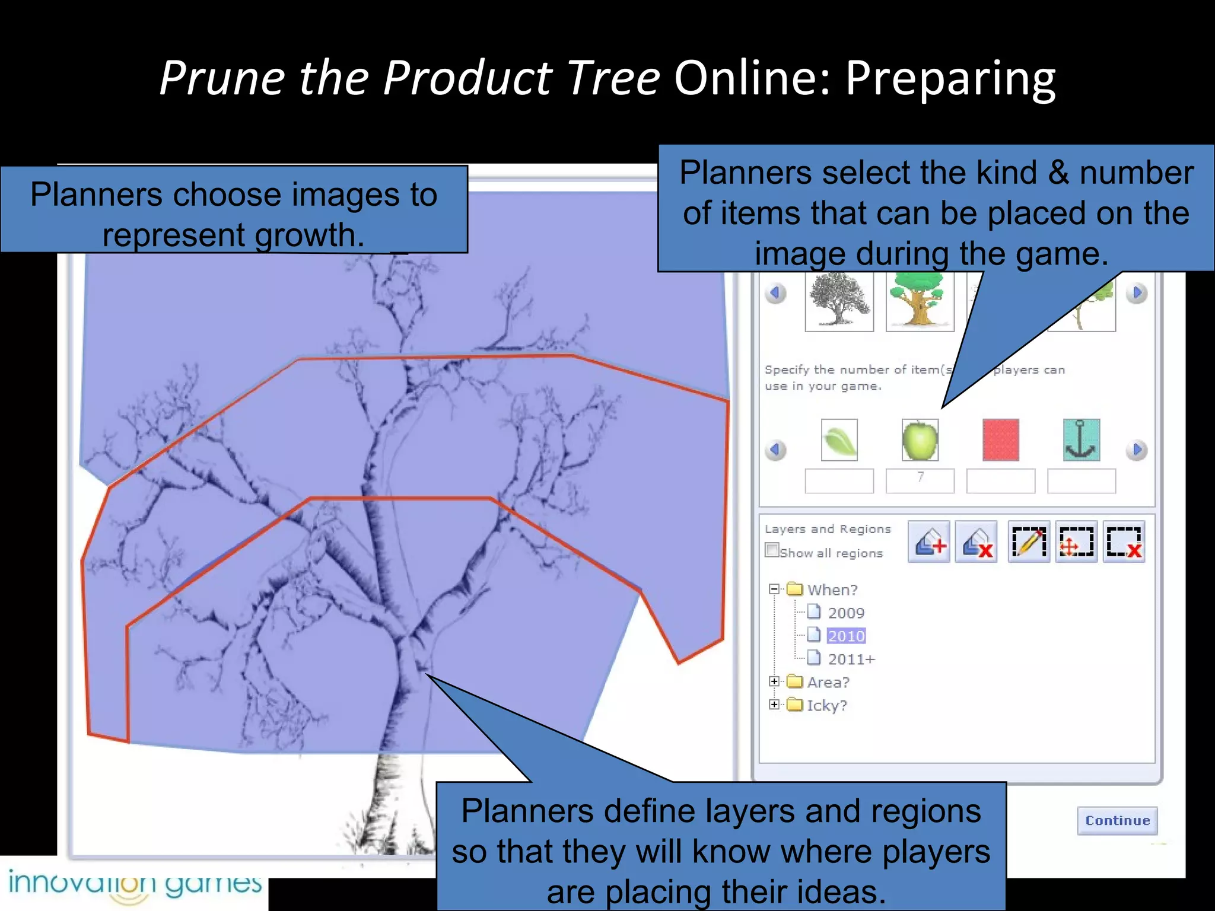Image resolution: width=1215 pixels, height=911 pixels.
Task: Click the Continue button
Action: point(1117,820)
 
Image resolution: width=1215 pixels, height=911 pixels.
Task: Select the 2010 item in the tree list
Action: point(845,636)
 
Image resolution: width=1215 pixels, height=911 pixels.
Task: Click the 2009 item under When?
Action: point(845,613)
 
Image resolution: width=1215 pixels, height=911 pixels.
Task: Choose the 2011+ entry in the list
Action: point(851,659)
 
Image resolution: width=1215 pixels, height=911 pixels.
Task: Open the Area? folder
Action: point(828,682)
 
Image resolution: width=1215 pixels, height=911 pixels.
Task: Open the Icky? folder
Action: point(826,705)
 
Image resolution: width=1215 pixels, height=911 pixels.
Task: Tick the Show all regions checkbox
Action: point(772,550)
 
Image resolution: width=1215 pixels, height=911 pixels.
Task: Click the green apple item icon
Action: point(920,440)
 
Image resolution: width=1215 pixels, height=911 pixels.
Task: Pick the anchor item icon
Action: point(1081,440)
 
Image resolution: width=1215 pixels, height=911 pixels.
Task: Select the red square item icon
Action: point(1000,440)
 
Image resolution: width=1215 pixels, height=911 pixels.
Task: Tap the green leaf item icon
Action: point(839,440)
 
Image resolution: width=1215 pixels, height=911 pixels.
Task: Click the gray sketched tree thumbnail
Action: point(839,301)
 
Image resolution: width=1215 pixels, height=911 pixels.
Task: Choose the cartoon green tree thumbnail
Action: point(919,301)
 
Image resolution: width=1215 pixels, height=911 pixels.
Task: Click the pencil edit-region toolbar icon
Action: point(1029,541)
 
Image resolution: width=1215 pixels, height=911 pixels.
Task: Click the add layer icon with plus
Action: point(929,541)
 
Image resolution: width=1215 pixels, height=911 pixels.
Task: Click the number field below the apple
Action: point(920,480)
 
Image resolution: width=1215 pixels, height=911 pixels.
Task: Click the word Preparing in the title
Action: point(950,78)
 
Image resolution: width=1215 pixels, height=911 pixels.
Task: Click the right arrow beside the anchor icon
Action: point(1137,450)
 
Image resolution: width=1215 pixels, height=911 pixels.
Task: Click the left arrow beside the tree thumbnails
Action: point(775,292)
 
